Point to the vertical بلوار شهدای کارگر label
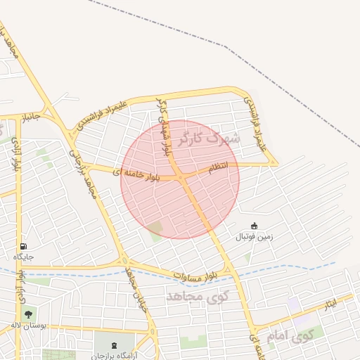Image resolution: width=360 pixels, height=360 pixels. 164,127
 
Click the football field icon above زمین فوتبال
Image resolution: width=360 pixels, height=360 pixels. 254,226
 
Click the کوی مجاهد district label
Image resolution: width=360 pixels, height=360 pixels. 199,296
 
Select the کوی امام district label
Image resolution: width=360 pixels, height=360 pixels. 289,335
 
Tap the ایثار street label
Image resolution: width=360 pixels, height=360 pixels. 329,304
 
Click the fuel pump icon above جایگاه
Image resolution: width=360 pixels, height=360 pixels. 25,246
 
